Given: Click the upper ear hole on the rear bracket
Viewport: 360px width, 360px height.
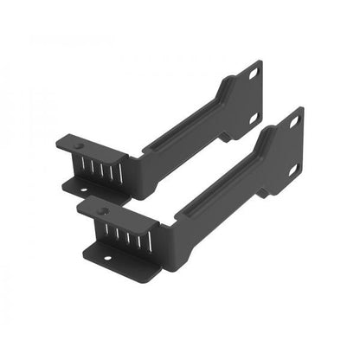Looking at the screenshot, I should pos(252,74).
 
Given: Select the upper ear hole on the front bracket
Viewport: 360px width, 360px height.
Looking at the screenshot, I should pos(292,122).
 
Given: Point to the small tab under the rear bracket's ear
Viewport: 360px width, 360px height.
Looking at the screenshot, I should pos(227,136).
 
